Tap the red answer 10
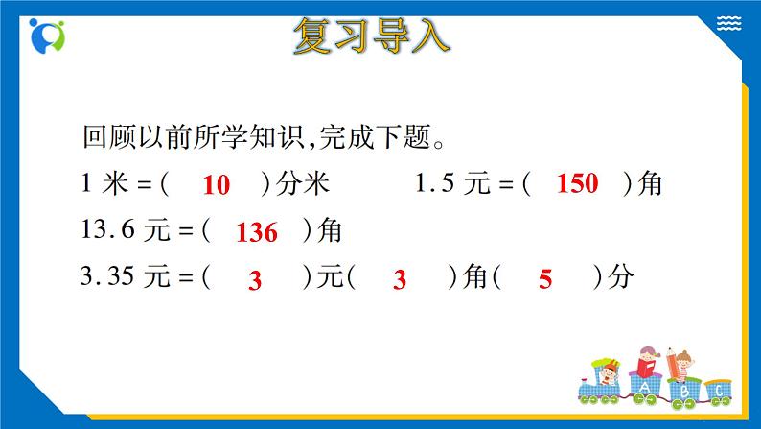coord(218,186)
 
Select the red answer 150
coord(577,184)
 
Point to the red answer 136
coord(256,233)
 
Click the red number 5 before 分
coord(546,280)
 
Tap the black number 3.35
coord(111,278)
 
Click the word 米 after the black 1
coord(114,184)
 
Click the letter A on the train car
coord(642,389)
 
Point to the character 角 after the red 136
coord(330,231)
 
